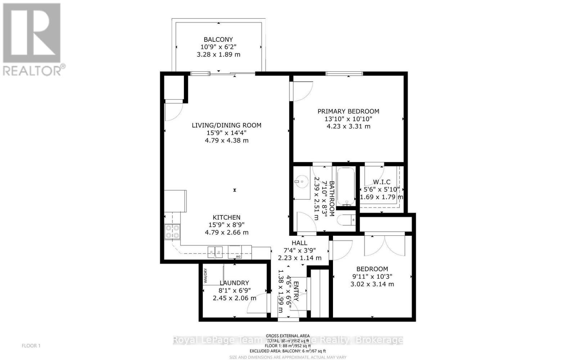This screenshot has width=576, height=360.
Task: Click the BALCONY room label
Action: (218, 40)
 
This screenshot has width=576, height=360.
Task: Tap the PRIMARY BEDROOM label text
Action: (348, 112)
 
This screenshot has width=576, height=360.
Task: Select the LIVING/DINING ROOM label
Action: (226, 125)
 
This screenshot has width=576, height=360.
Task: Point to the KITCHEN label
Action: (226, 217)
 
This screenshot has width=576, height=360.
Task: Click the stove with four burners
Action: (172, 231)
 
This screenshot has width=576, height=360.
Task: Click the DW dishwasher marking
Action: (238, 256)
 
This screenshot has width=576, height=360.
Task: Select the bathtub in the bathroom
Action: (346, 186)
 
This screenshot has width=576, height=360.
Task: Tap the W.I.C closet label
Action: (382, 182)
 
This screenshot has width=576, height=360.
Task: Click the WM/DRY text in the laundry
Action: (206, 276)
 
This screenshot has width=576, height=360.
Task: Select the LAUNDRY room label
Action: (234, 283)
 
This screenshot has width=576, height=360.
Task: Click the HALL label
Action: (300, 243)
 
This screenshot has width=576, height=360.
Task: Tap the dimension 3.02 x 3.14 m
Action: (372, 284)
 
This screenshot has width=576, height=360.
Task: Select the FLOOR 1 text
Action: (31, 346)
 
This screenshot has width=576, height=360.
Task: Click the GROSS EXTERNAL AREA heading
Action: (288, 336)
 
